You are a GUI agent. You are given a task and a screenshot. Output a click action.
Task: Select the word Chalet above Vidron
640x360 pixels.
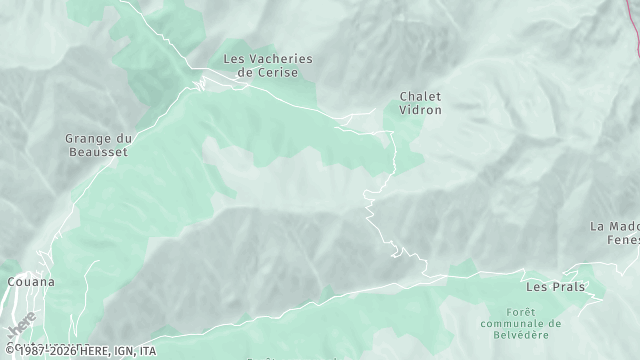point(420,97)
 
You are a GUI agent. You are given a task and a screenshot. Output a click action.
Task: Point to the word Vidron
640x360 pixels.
point(420,111)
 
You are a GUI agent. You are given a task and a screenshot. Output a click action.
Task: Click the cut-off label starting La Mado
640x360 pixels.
point(614,226)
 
